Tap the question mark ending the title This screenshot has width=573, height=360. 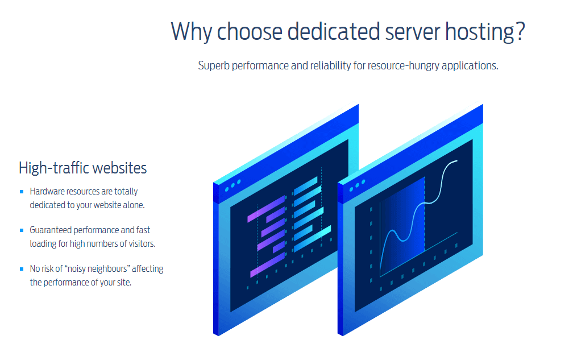click(521, 31)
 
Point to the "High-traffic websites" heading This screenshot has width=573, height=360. click(82, 168)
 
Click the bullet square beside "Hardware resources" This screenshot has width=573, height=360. click(22, 192)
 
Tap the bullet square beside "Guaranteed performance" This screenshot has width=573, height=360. click(22, 230)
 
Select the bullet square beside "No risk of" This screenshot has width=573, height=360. click(22, 269)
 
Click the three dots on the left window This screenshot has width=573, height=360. click(233, 185)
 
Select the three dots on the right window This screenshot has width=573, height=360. click(357, 185)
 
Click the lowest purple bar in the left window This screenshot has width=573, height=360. click(267, 264)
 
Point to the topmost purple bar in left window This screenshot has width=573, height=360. click(265, 209)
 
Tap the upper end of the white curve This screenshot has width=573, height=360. click(457, 160)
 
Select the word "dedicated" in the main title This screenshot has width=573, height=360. click(334, 32)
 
